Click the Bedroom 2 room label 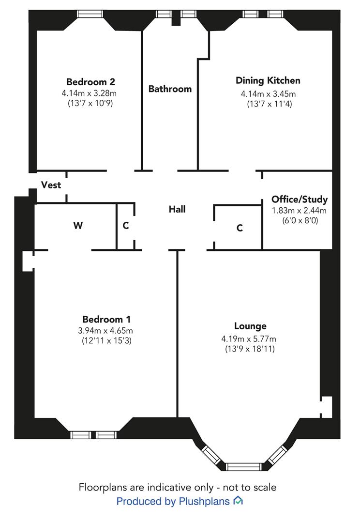[x=90, y=82]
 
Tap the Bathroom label [x=170, y=89]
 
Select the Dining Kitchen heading [x=268, y=80]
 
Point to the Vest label [x=51, y=185]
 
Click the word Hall [x=177, y=209]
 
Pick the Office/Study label [x=300, y=200]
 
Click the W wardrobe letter [x=78, y=226]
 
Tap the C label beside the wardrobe [x=126, y=226]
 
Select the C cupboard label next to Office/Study [x=240, y=228]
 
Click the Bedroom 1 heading [x=106, y=320]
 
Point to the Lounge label [x=250, y=326]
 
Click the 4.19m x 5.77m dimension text [x=249, y=339]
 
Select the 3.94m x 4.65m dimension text [x=105, y=331]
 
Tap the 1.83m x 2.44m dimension [x=300, y=211]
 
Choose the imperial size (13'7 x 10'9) [x=90, y=103]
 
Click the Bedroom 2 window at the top [x=90, y=14]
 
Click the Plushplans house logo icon [x=238, y=501]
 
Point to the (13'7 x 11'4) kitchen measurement [x=270, y=104]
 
